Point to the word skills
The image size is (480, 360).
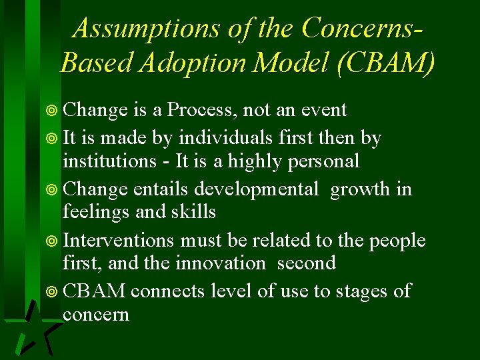tap(194, 212)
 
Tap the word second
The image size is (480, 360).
tap(306, 263)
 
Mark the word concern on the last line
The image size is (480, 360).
tap(95, 314)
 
